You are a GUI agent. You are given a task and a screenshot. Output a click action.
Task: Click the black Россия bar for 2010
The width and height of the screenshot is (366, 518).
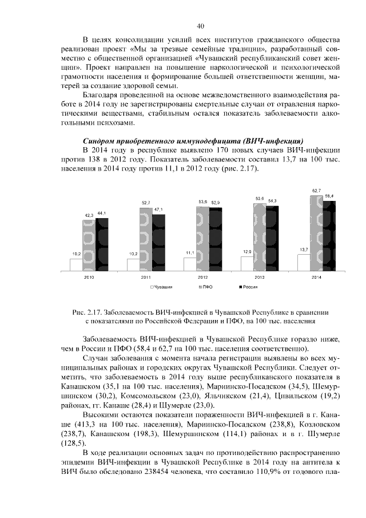coord(101,244)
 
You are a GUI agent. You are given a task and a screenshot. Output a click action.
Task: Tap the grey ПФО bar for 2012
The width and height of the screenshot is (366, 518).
coord(202,238)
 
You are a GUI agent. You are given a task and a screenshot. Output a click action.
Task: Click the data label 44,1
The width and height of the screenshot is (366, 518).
coord(101,213)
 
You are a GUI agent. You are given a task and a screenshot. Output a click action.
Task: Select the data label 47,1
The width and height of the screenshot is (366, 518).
coord(158,210)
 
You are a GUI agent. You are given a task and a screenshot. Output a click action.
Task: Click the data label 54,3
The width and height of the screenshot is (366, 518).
coord(272,201)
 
